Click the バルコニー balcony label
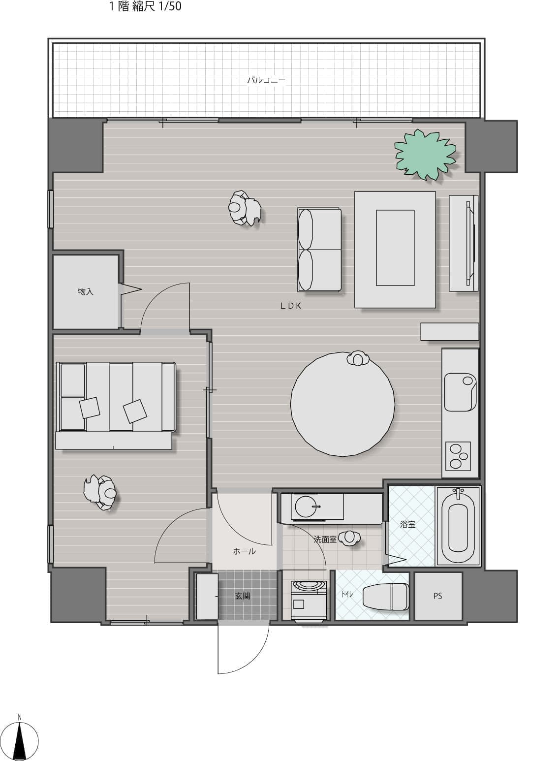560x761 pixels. click(x=266, y=80)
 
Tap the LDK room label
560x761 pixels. click(x=291, y=306)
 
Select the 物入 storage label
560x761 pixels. click(x=85, y=291)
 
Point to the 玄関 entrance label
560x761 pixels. click(x=243, y=596)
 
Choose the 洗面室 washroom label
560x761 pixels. click(x=325, y=539)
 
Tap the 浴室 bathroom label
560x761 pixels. click(x=407, y=524)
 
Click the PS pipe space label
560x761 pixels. click(x=438, y=596)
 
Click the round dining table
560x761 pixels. click(x=342, y=404)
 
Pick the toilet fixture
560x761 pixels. click(x=386, y=597)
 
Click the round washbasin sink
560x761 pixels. click(x=306, y=507)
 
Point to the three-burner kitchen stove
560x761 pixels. click(x=458, y=456)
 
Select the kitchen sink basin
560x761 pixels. click(x=460, y=392)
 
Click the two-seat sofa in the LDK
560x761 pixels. click(x=319, y=250)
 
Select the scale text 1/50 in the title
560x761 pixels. click(x=170, y=6)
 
